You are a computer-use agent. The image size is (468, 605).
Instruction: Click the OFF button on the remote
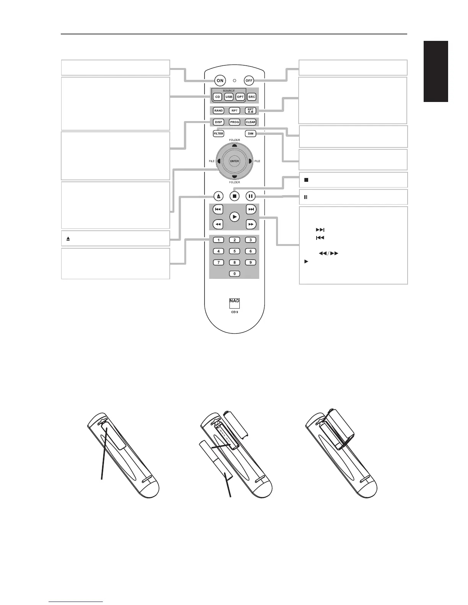(x=249, y=81)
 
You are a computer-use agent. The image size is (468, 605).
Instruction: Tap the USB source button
(x=229, y=97)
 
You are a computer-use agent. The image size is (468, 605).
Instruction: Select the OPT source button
(x=240, y=97)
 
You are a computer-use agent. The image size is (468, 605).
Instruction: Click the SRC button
(x=252, y=97)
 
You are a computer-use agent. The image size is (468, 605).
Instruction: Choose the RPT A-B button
(x=251, y=110)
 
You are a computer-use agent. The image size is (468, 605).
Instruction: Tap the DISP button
(x=218, y=122)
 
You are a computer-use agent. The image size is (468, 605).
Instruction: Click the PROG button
(x=234, y=122)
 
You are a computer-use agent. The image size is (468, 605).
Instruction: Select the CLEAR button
(x=250, y=122)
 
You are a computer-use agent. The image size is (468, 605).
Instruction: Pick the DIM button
(x=250, y=134)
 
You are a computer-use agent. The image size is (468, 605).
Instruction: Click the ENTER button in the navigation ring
(x=234, y=161)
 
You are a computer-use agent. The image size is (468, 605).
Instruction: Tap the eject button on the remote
(x=218, y=196)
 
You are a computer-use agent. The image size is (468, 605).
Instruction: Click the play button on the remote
(x=234, y=217)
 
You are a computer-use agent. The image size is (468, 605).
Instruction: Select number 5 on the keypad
(x=234, y=251)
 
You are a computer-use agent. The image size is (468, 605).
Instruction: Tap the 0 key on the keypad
(x=234, y=273)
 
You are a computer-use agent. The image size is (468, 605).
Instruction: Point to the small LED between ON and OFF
(x=235, y=81)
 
